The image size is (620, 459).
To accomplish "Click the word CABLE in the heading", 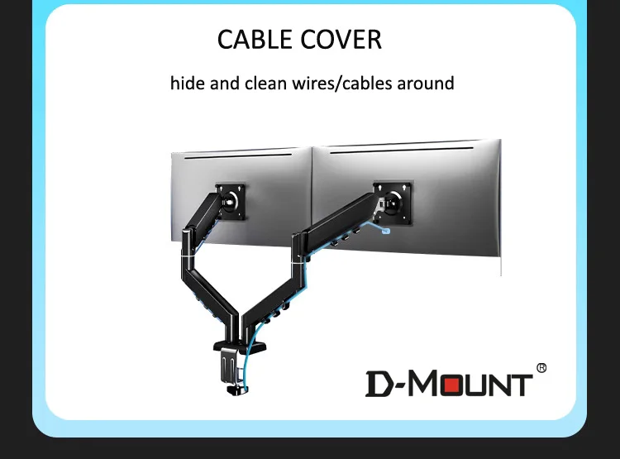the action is pos(254,40).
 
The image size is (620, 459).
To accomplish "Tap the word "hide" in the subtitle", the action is pos(188,84).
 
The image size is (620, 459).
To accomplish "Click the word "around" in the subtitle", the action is pos(425,84).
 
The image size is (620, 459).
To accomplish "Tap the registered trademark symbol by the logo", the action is pos(541,367).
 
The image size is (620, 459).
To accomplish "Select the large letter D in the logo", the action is pos(380,384).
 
